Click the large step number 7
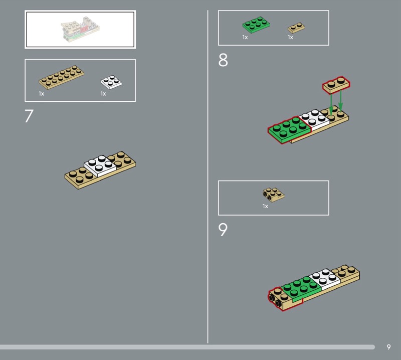[29, 116]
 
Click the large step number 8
[223, 60]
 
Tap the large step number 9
[223, 229]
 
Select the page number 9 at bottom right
[389, 346]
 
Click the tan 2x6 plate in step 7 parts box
[61, 77]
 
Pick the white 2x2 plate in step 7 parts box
[111, 82]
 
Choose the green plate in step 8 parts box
[256, 25]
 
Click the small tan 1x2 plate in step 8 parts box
[296, 28]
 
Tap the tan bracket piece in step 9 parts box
[274, 195]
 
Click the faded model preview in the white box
[80, 29]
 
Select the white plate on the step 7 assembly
[100, 166]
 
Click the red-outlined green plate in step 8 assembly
[290, 130]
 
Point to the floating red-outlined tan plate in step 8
[336, 85]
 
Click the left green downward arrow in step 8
[331, 104]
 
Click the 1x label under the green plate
[245, 38]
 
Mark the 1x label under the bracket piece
[265, 206]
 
